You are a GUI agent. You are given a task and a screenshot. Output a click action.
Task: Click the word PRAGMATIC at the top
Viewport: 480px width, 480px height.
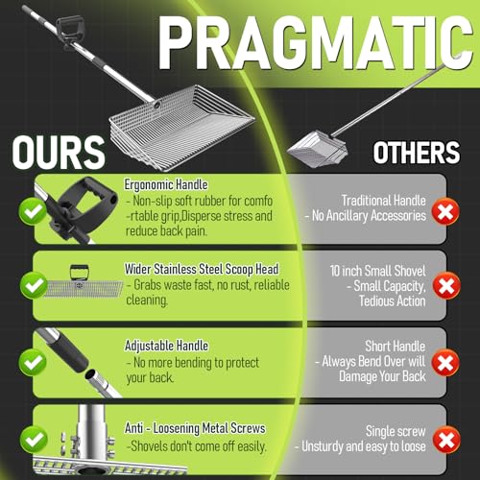(x=315, y=42)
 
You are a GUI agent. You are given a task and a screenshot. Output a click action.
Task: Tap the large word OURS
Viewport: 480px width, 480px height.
(x=59, y=153)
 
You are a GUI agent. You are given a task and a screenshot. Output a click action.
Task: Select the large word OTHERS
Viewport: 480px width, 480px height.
(x=417, y=153)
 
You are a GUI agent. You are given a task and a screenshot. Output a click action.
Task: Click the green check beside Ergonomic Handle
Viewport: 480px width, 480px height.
(x=33, y=211)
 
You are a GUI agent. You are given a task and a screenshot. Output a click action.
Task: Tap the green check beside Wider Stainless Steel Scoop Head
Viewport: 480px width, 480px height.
(x=34, y=285)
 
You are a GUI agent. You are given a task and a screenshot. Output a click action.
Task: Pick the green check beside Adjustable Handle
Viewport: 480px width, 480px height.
(x=33, y=363)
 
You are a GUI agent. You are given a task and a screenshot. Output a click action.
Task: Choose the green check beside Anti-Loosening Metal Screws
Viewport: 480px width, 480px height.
(x=34, y=440)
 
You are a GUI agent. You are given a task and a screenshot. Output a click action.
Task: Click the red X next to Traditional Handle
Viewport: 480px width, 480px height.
(x=445, y=211)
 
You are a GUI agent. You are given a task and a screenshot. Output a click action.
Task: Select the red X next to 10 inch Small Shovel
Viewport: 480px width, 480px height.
(x=446, y=285)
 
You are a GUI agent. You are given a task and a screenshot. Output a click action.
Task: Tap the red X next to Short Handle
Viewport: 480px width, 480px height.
(x=445, y=363)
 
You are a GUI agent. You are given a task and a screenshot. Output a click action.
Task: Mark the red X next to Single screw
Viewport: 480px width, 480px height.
(x=446, y=440)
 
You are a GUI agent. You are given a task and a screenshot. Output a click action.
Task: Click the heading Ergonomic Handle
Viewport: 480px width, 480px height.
(x=166, y=185)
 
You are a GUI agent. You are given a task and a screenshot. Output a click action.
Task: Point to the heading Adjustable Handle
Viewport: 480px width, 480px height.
(x=166, y=346)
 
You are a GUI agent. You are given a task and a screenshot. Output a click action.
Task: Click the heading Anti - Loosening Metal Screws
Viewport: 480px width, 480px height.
(x=195, y=428)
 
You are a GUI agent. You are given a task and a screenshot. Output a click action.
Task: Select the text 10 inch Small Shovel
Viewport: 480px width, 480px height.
(x=377, y=271)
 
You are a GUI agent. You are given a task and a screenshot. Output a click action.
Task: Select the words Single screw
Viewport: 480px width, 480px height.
(x=396, y=431)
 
